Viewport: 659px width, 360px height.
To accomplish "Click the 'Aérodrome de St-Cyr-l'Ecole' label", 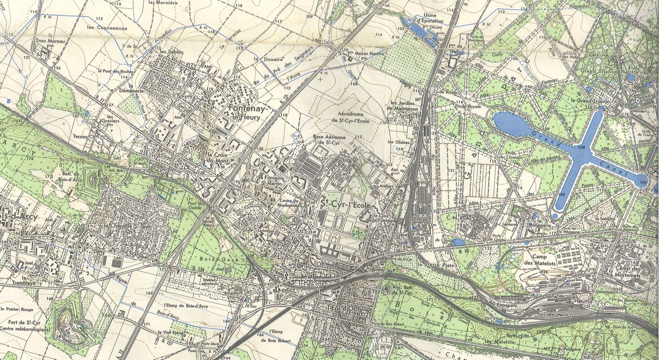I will pyautogui.click(x=342, y=119).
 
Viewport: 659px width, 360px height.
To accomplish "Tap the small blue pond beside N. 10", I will pyautogui.click(x=458, y=242).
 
